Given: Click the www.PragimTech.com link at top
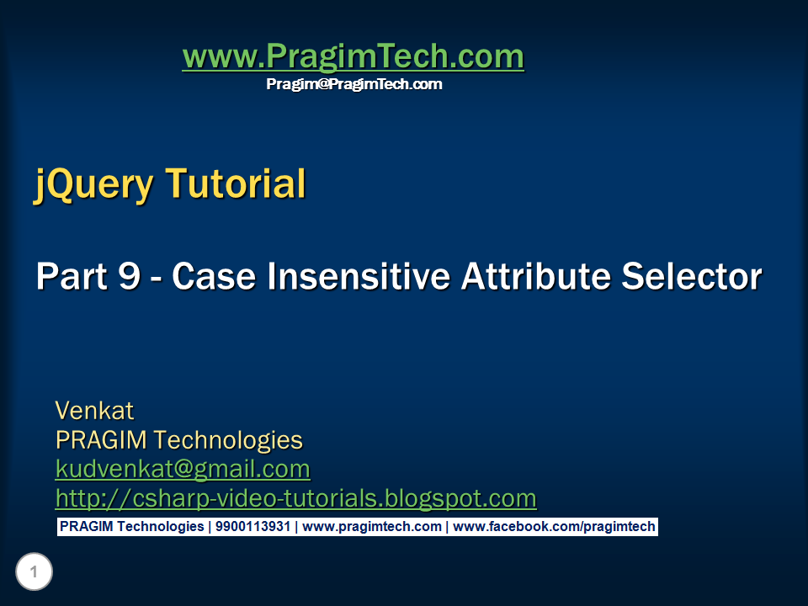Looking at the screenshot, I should (x=353, y=56).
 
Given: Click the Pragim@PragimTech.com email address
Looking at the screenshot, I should (x=353, y=84).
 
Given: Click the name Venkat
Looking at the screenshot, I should (x=94, y=411).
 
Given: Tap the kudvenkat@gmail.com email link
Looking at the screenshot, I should (x=183, y=468).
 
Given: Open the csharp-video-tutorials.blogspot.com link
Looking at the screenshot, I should (x=295, y=498).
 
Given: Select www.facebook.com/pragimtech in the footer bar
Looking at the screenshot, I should (x=554, y=527).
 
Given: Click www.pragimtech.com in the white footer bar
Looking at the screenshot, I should (x=372, y=527).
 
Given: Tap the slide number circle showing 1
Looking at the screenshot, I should (x=34, y=573).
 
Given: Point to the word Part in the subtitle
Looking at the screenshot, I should (x=69, y=277).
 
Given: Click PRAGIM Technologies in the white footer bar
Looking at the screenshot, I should (x=131, y=527).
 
